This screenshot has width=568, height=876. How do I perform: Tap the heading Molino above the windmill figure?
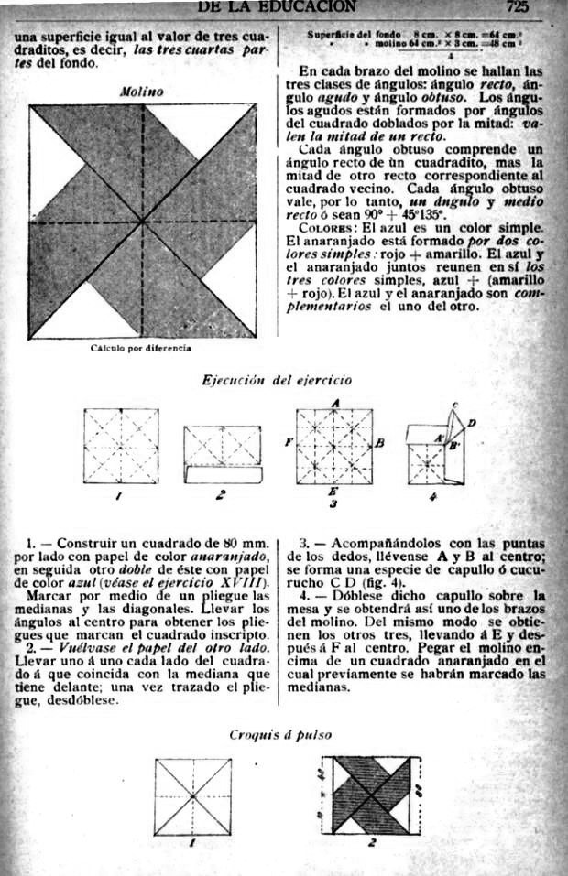tap(141, 92)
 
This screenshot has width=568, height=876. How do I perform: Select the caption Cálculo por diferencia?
tap(141, 348)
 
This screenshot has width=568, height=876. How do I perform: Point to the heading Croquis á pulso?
tap(280, 733)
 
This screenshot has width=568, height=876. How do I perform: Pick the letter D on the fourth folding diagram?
tap(471, 422)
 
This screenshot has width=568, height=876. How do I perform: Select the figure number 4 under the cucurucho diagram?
tap(433, 497)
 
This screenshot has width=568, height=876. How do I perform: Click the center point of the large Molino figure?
tap(143, 222)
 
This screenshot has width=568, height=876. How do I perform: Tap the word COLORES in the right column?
tap(320, 227)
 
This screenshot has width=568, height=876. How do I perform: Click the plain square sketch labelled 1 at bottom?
tap(192, 795)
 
